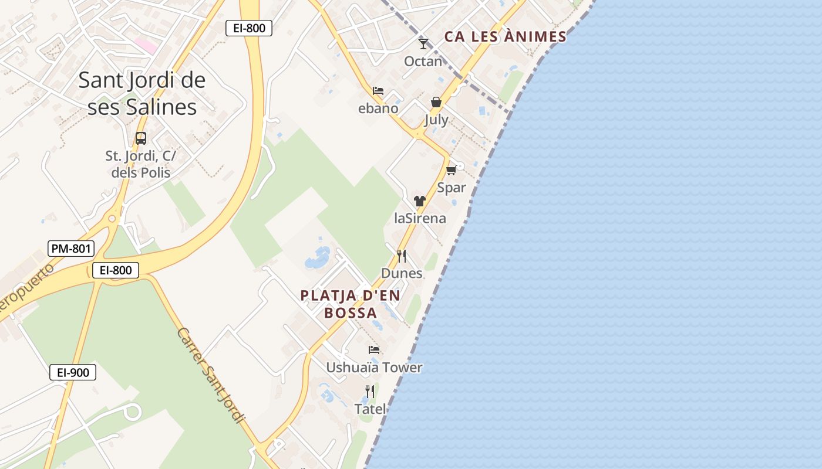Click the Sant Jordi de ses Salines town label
pyautogui.click(x=142, y=93)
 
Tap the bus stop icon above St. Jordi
pyautogui.click(x=141, y=138)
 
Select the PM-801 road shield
pyautogui.click(x=71, y=249)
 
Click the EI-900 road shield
pyautogui.click(x=73, y=372)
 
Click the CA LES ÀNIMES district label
pyautogui.click(x=505, y=37)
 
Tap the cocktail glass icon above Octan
pyautogui.click(x=423, y=43)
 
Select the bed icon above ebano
pyautogui.click(x=378, y=91)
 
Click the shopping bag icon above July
pyautogui.click(x=436, y=102)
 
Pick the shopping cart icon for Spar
pyautogui.click(x=451, y=170)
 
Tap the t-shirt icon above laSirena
pyautogui.click(x=419, y=201)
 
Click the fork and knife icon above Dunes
pyautogui.click(x=402, y=256)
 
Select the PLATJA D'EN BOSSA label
pyautogui.click(x=351, y=304)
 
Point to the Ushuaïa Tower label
pyautogui.click(x=374, y=368)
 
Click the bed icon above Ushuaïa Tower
pyautogui.click(x=374, y=350)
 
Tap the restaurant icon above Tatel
pyautogui.click(x=370, y=391)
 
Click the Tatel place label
pyautogui.click(x=370, y=409)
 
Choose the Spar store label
pyautogui.click(x=452, y=188)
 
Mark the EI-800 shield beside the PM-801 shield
pyautogui.click(x=116, y=270)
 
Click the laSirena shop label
pyautogui.click(x=420, y=219)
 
